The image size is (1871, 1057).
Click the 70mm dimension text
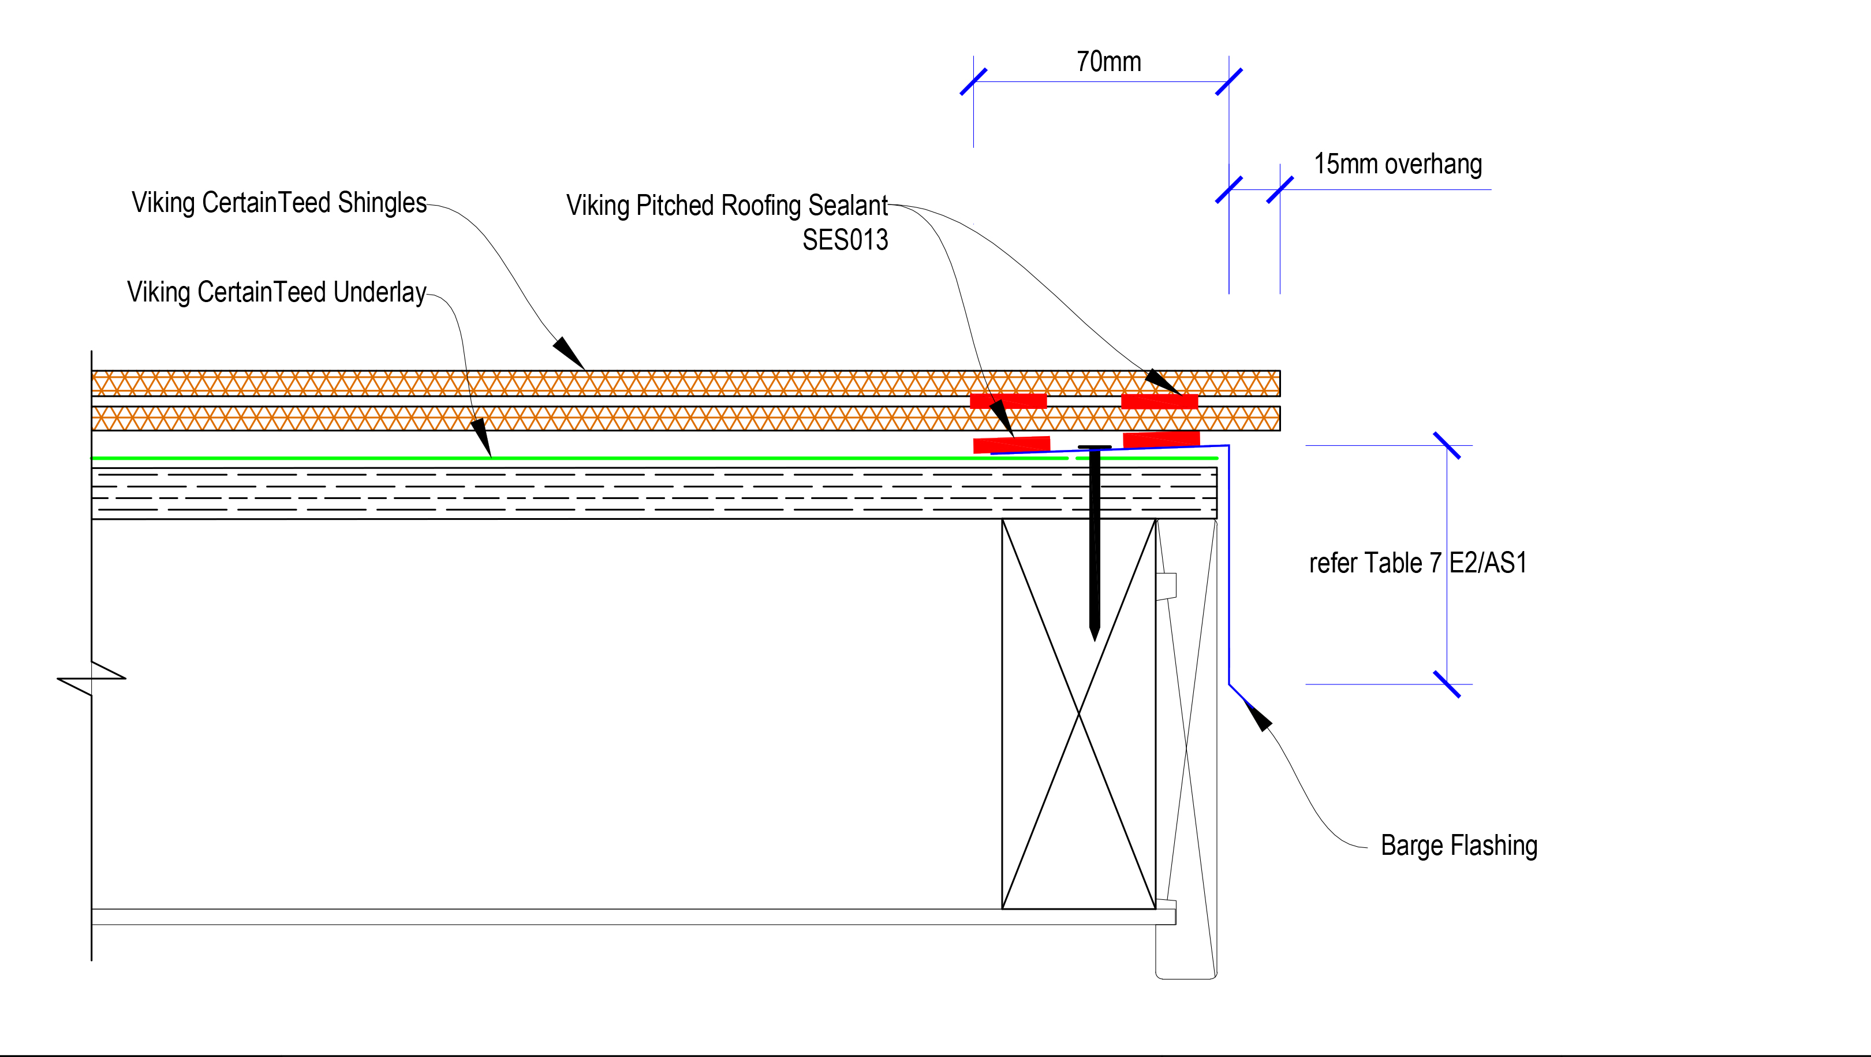[1108, 62]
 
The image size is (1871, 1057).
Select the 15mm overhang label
[1398, 164]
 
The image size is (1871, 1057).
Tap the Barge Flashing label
[1458, 846]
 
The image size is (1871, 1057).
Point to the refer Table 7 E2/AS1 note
[1417, 563]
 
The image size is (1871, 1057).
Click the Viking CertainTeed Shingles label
[279, 203]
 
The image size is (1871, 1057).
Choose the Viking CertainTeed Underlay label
[276, 292]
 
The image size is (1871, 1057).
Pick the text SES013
[845, 240]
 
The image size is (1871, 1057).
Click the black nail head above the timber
[1095, 448]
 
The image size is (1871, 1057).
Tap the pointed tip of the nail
[1095, 638]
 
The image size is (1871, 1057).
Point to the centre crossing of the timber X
[1078, 714]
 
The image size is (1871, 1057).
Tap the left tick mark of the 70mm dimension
[973, 81]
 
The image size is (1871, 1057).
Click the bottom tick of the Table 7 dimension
[1447, 684]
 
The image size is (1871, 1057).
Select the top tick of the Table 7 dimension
[1447, 445]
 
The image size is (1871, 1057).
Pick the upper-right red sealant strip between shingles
[1159, 401]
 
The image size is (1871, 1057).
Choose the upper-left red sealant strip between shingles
[1008, 401]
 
